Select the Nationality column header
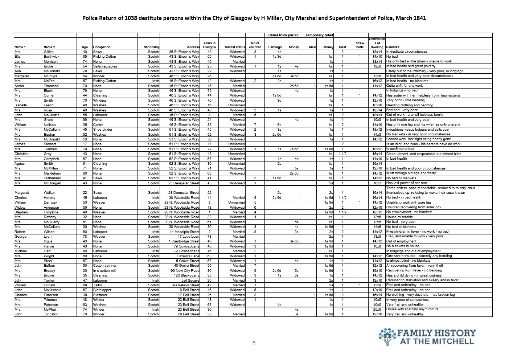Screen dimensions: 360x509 click(151, 47)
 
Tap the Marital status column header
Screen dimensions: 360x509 click(235, 47)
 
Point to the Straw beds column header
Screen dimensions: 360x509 click(360, 45)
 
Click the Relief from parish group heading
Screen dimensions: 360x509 click(283, 35)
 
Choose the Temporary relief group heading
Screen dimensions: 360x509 click(319, 35)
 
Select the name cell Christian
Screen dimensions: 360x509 click(21, 154)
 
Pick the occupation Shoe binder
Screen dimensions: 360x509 click(102, 130)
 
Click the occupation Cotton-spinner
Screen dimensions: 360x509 click(105, 266)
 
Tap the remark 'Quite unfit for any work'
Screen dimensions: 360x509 click(404, 86)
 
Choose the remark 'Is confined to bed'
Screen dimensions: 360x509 click(400, 149)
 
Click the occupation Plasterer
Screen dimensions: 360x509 click(100, 295)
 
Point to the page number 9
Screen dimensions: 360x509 click(254, 343)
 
